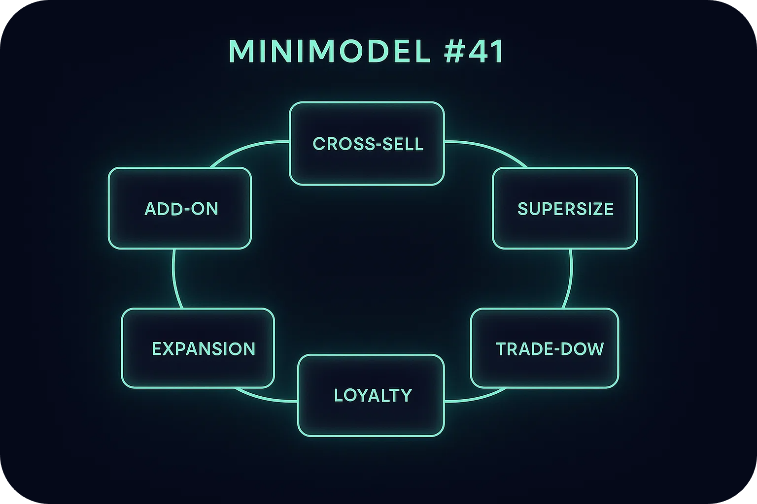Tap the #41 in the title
474,51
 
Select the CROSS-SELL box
367,144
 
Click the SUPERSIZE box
565,208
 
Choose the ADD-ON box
180,208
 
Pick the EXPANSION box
198,348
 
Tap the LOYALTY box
371,395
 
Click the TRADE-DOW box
545,348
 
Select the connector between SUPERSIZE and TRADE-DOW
570,278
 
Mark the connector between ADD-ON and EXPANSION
174,278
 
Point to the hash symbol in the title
453,51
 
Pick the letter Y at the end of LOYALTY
406,396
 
